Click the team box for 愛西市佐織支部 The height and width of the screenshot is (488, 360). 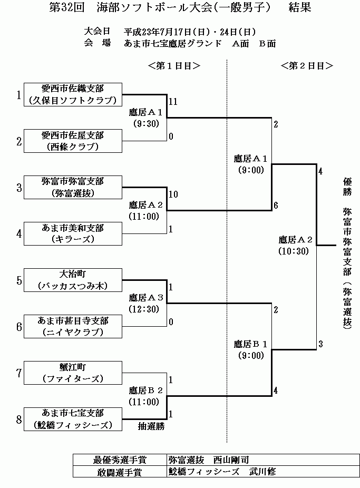tap(73, 94)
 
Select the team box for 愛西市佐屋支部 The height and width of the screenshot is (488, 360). tap(73, 141)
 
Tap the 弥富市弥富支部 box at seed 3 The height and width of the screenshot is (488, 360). tap(73, 187)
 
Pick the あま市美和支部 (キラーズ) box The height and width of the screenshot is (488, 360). tap(73, 233)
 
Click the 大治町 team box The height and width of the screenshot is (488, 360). tap(73, 280)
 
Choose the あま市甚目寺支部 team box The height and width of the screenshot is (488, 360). tap(73, 326)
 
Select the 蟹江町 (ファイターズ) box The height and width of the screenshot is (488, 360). tap(73, 373)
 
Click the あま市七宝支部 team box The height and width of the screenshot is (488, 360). tap(73, 419)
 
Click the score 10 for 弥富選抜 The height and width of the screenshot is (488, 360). tap(173, 194)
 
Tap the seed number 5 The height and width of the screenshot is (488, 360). tap(19, 280)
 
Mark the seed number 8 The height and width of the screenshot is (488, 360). tap(19, 419)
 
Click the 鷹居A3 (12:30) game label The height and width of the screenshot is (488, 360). tap(148, 302)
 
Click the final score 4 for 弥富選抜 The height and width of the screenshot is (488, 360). tap(320, 171)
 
